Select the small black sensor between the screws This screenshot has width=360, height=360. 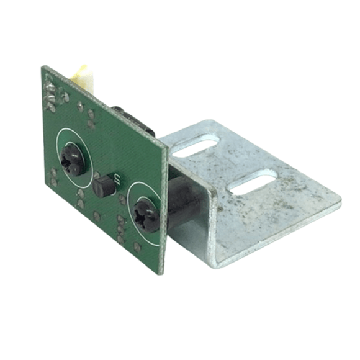click(106, 185)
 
